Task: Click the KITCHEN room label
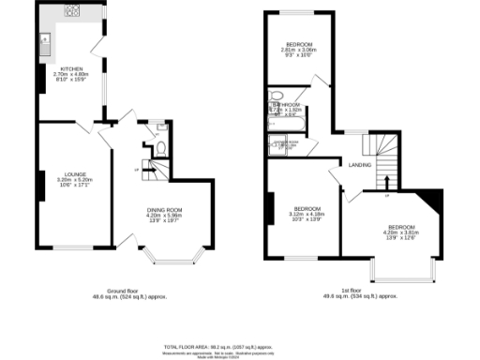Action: pyautogui.click(x=72, y=69)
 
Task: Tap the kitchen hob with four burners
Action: pyautogui.click(x=70, y=12)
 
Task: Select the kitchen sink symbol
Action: pyautogui.click(x=44, y=40)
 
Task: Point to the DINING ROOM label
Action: pyautogui.click(x=163, y=210)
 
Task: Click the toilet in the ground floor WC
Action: pyautogui.click(x=160, y=146)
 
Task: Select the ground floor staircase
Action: pyautogui.click(x=153, y=170)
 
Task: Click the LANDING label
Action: pyautogui.click(x=359, y=165)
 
